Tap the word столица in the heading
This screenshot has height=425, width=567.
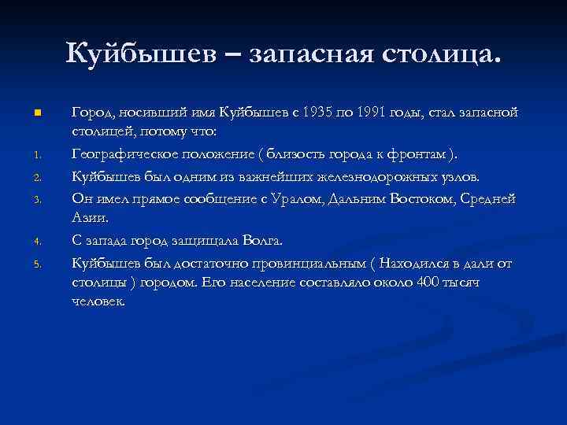(x=439, y=54)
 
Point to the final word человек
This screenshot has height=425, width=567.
(x=98, y=301)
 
